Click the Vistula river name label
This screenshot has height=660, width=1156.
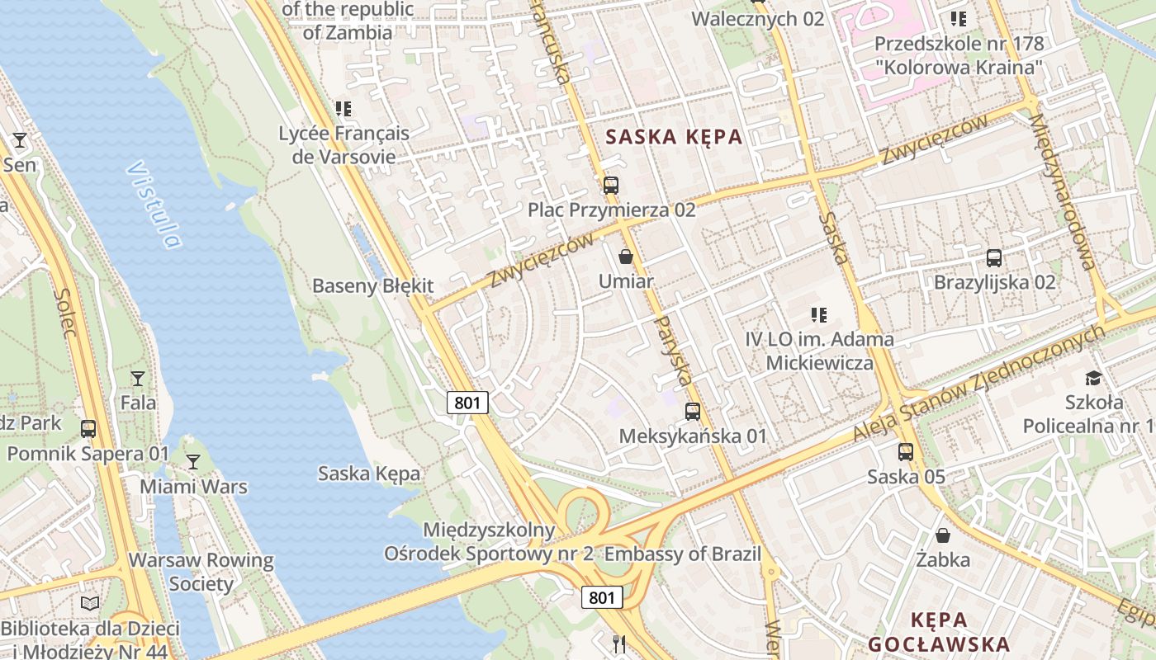[154, 205]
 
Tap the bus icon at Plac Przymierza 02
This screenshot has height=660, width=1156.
[611, 186]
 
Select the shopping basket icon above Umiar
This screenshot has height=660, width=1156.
[626, 257]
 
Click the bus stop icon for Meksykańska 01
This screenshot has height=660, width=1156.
[693, 411]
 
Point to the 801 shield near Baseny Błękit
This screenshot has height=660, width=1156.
[468, 403]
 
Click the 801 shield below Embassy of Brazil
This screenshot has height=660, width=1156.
[602, 597]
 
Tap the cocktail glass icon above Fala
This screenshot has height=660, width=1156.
[138, 379]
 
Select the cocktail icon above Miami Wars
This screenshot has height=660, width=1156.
[193, 462]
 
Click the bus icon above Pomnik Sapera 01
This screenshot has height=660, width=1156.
[88, 429]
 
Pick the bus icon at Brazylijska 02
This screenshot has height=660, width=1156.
[994, 258]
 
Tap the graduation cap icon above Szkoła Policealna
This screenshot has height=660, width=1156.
[1094, 378]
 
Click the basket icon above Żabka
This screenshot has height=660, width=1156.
[943, 535]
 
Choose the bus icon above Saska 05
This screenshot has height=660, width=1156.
[906, 452]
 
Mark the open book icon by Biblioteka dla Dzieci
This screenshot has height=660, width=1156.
[90, 604]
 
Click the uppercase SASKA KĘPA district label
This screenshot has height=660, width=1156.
[675, 138]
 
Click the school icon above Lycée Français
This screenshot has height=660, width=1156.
[343, 109]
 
